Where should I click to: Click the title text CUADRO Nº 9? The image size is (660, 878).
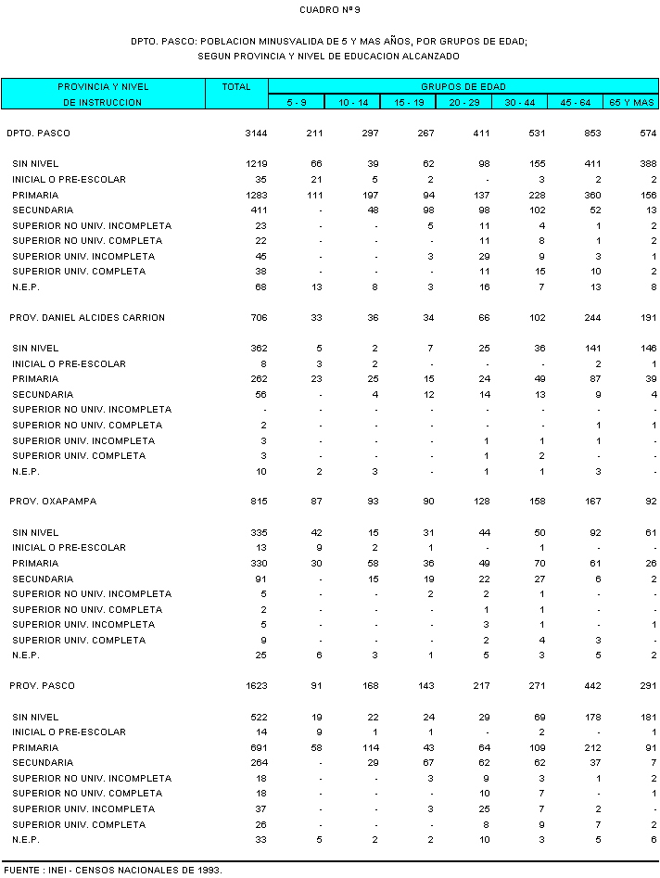[330, 10]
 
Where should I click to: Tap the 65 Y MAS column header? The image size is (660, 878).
[631, 102]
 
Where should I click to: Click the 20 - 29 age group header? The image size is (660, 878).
[464, 102]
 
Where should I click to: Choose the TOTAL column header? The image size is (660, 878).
[236, 86]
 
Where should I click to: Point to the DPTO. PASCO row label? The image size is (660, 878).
[38, 134]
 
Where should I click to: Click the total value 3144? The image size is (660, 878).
[256, 134]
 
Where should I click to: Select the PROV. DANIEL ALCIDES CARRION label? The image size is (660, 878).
[87, 318]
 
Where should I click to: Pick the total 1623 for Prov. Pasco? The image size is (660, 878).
[256, 686]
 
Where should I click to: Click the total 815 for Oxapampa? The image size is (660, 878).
[259, 502]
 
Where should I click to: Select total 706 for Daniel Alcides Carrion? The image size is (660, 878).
[259, 318]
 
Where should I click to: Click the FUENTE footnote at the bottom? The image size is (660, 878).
[113, 871]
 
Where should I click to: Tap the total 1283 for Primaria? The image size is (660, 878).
[256, 196]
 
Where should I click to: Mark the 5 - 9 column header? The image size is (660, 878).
[297, 102]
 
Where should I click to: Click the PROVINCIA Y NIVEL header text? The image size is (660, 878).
[103, 86]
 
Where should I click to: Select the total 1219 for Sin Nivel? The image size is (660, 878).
[256, 164]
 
